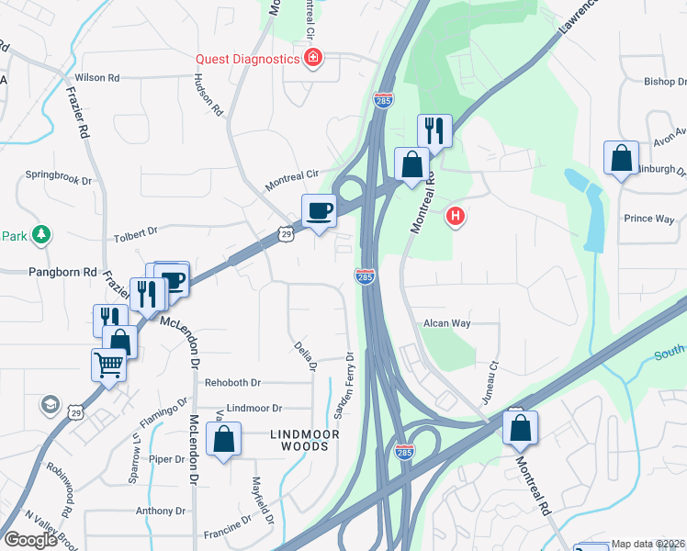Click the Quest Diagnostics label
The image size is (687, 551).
(248, 59)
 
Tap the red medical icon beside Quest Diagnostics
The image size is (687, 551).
(313, 59)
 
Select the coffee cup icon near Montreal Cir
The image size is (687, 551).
(319, 210)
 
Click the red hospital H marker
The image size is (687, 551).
(454, 218)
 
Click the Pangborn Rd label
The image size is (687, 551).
(62, 273)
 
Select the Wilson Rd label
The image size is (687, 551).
(97, 78)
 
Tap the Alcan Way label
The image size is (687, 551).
(446, 323)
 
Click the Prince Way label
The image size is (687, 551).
(649, 219)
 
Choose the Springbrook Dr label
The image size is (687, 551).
(60, 174)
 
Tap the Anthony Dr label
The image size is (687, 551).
(161, 511)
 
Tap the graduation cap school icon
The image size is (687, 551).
(50, 403)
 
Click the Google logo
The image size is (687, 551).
(30, 539)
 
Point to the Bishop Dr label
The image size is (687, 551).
(666, 81)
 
